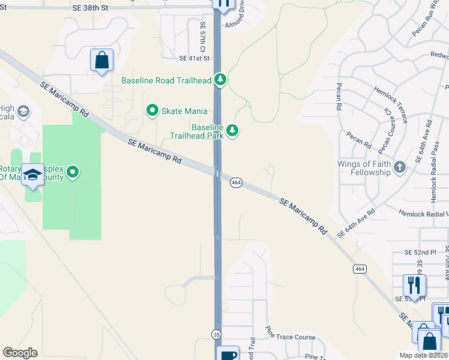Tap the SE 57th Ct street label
click(203, 37)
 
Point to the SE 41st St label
click(194, 59)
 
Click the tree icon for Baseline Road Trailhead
click(221, 80)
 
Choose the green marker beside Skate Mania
click(152, 110)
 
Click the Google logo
click(20, 353)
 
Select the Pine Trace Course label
click(289, 337)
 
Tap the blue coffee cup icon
click(228, 354)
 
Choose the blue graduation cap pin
click(33, 174)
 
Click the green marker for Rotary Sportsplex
click(73, 173)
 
